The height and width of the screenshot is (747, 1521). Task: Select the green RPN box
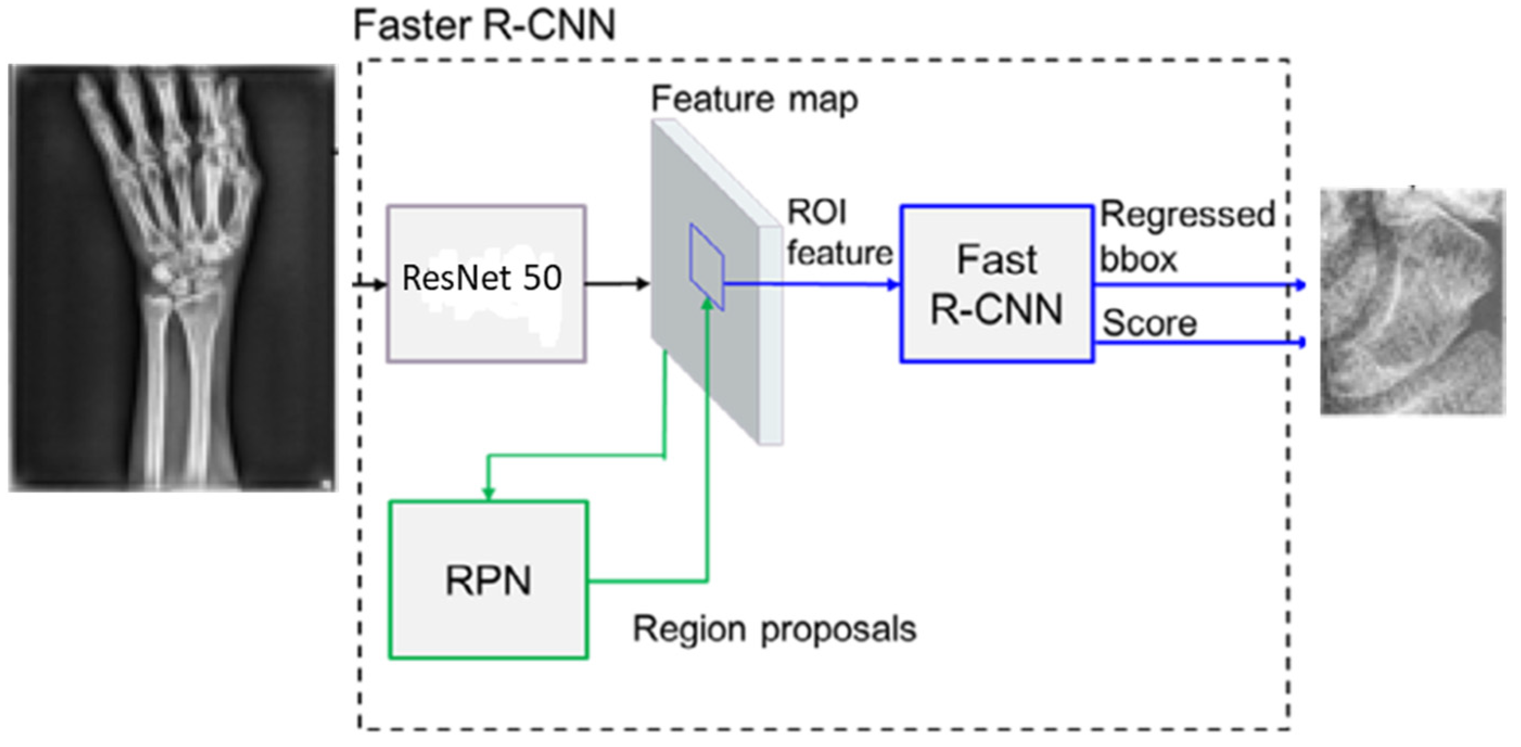pos(488,579)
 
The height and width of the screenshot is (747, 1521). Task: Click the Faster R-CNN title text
pos(484,27)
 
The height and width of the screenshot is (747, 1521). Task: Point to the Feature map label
pos(754,99)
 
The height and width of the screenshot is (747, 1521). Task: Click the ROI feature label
pos(839,233)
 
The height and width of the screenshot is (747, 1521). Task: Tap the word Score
pos(1149,324)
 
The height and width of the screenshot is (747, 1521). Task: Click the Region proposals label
pos(774,629)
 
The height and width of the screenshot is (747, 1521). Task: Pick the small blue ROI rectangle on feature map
pos(707,267)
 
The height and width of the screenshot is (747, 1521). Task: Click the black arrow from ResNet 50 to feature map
pos(617,284)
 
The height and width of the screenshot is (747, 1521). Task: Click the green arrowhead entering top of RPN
pos(488,493)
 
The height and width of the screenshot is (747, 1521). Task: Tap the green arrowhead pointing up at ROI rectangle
pos(707,302)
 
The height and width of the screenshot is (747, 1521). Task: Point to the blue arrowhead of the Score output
pos(1300,342)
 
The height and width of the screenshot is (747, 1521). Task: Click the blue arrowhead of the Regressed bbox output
pos(1300,285)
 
